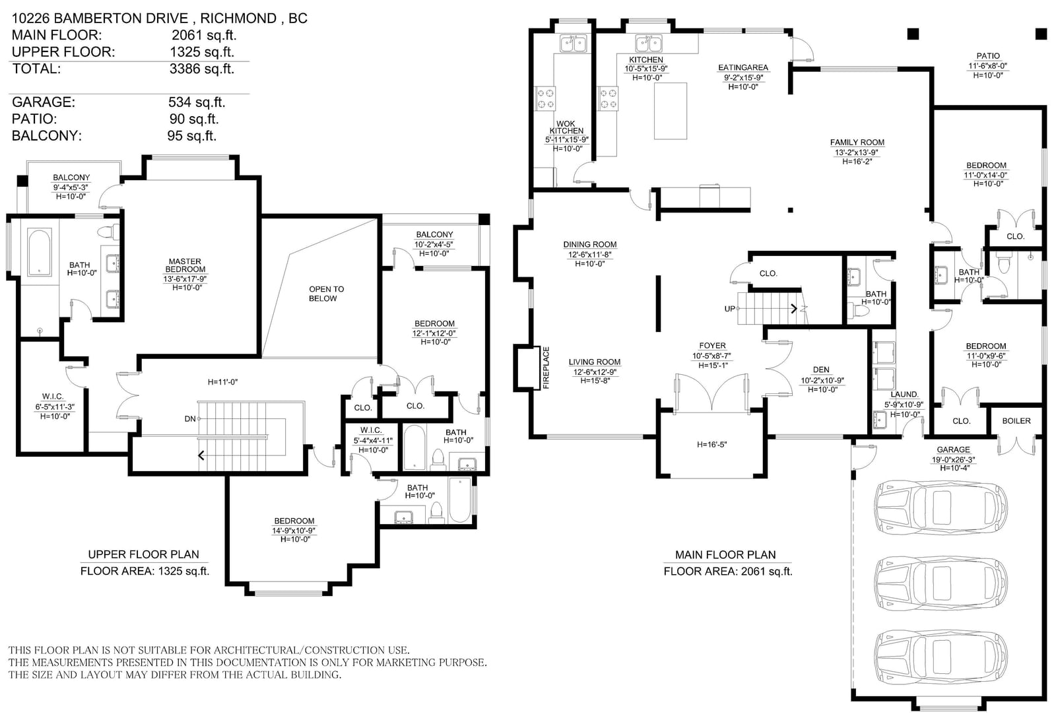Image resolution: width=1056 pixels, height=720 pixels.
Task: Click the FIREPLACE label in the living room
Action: click(x=546, y=368)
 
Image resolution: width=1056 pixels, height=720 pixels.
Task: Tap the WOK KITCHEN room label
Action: click(x=566, y=127)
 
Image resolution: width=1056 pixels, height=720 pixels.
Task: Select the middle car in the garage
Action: click(x=941, y=583)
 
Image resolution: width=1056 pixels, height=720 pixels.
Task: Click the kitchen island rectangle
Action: click(x=670, y=112)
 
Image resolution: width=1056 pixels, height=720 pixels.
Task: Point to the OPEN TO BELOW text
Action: click(x=326, y=294)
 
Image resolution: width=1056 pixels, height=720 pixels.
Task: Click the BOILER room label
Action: click(x=1016, y=420)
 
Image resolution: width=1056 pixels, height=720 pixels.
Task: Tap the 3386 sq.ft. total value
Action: click(x=202, y=69)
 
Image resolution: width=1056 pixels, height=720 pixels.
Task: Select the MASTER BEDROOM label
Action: click(x=185, y=265)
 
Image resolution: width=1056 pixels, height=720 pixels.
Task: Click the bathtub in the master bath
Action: click(x=40, y=252)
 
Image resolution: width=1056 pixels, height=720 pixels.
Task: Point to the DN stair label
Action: click(x=190, y=418)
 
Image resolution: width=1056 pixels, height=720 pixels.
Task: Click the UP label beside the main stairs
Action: click(x=729, y=309)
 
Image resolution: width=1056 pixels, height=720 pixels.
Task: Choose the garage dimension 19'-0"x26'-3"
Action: click(x=953, y=459)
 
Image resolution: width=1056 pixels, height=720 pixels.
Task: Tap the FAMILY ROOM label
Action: click(x=857, y=143)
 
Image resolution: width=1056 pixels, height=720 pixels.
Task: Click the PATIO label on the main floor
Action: click(x=988, y=55)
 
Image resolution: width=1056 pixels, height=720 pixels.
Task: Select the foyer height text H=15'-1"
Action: click(x=712, y=366)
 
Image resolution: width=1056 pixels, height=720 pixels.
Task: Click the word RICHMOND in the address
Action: click(x=238, y=18)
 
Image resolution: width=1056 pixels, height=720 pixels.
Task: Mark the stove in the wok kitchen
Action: click(x=545, y=98)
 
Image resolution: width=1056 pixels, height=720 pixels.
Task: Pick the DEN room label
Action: click(x=821, y=370)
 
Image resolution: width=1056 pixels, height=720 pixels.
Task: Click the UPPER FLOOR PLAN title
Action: click(x=144, y=554)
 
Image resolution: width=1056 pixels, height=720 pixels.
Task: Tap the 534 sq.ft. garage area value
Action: click(x=197, y=102)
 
